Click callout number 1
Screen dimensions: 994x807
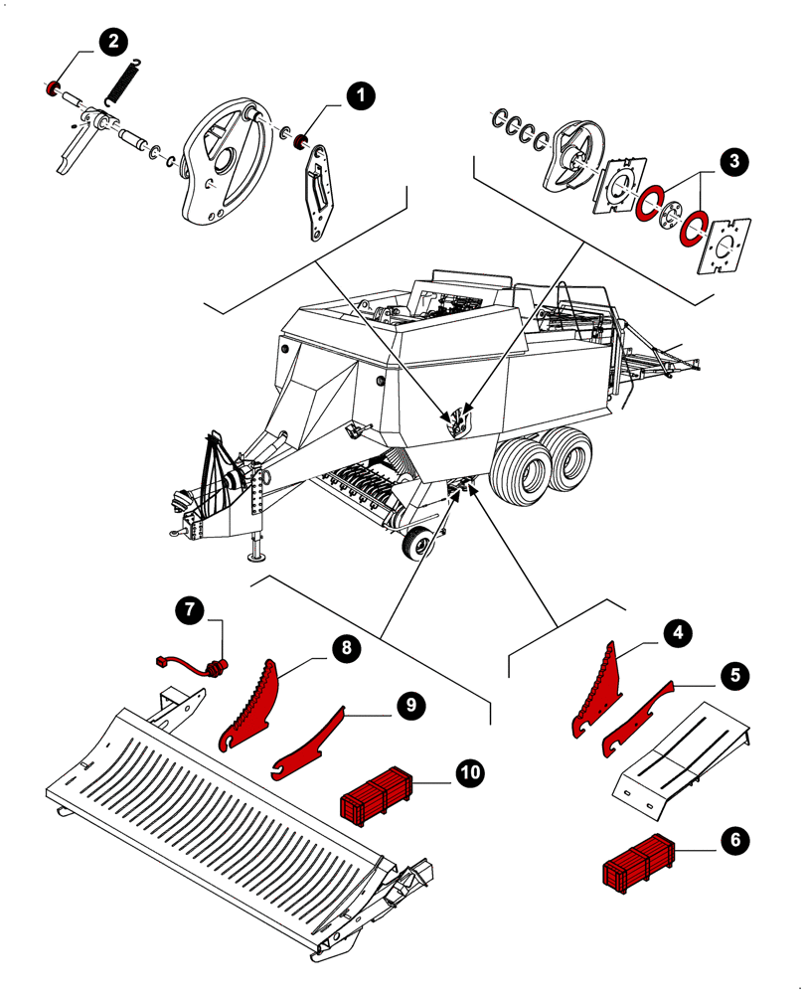pyautogui.click(x=359, y=95)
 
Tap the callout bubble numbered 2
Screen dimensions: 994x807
pyautogui.click(x=110, y=41)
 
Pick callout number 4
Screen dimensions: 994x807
pyautogui.click(x=678, y=632)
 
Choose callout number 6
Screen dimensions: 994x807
pyautogui.click(x=734, y=840)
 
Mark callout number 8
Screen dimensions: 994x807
pyautogui.click(x=345, y=648)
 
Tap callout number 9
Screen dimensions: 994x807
pyautogui.click(x=407, y=704)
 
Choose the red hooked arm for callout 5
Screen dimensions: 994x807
pyautogui.click(x=636, y=716)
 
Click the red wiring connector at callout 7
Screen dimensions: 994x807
pyautogui.click(x=215, y=664)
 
